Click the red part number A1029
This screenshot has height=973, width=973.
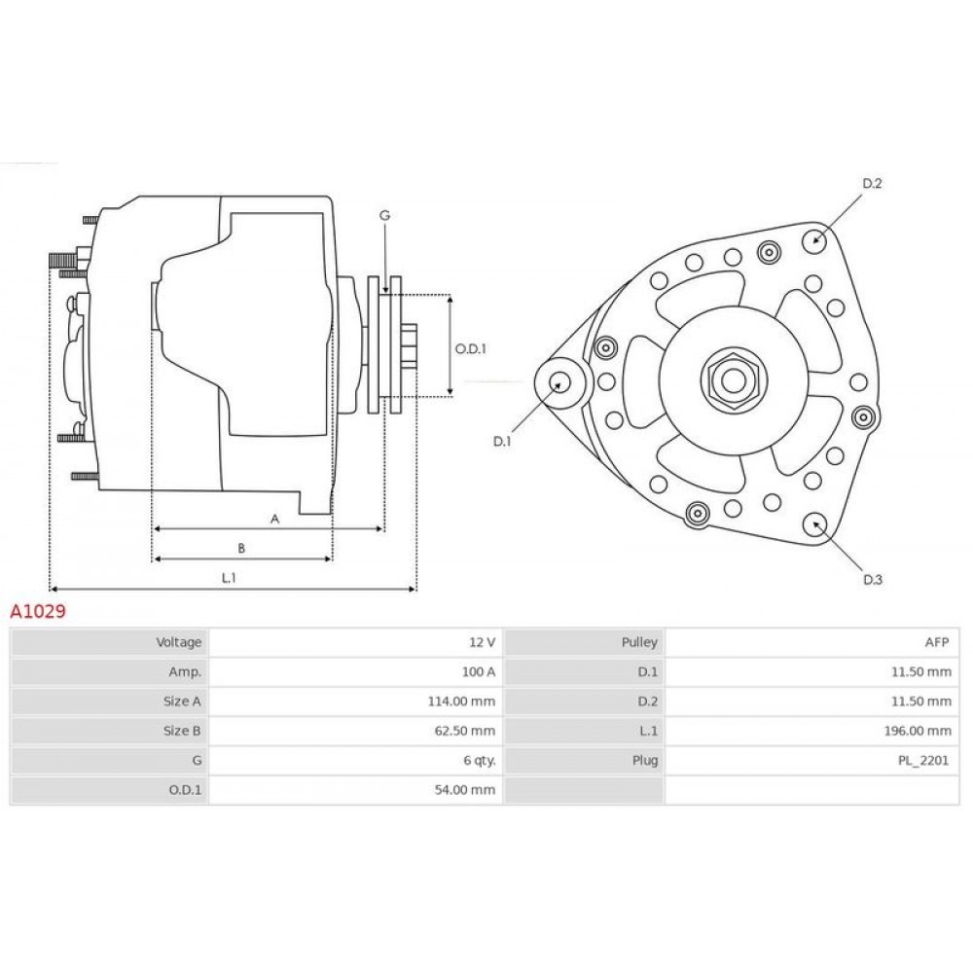[38, 611]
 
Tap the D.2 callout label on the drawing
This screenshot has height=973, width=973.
[872, 183]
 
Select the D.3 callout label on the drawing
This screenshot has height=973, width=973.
[873, 580]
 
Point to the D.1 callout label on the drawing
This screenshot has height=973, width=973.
[501, 441]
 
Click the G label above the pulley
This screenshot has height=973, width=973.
[384, 215]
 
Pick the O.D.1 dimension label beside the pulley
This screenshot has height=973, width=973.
[470, 348]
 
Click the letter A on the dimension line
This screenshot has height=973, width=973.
[275, 519]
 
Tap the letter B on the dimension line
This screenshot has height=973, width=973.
[241, 548]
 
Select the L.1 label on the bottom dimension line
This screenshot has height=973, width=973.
[229, 578]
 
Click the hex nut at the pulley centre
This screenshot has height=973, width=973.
[734, 380]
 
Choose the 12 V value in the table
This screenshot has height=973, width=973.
[483, 642]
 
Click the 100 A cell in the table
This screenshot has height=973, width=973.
[479, 672]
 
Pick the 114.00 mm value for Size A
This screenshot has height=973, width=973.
[461, 702]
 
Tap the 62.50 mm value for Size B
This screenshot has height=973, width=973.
[465, 731]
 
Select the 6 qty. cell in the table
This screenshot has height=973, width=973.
[480, 761]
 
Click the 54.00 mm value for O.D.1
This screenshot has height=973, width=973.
[465, 790]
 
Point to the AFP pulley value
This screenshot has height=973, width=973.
[937, 642]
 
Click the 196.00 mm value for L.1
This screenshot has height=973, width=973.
[918, 731]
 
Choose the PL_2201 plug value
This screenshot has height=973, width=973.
[923, 761]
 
